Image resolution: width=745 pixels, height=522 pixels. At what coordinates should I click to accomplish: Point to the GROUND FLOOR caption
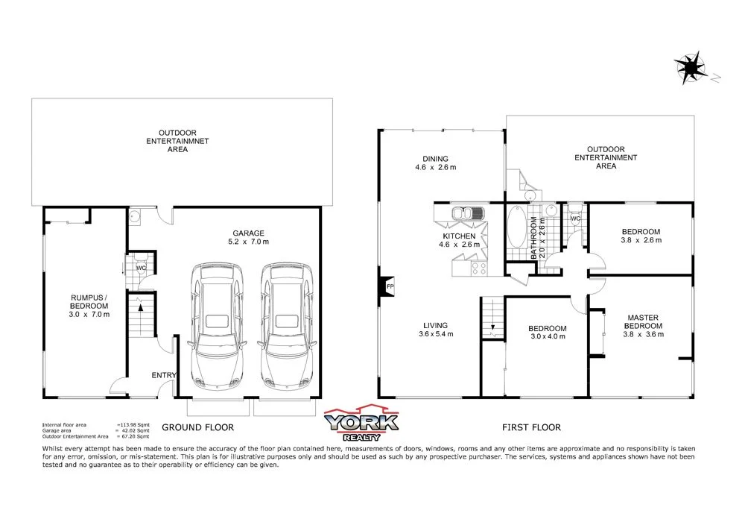click(x=198, y=427)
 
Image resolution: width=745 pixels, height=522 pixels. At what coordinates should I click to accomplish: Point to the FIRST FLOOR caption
click(x=532, y=427)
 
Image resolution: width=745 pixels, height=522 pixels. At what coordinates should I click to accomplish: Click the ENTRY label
click(x=163, y=375)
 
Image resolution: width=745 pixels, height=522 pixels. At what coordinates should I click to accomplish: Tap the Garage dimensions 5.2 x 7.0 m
click(x=248, y=242)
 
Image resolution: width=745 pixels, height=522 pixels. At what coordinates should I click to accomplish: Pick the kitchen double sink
click(x=466, y=214)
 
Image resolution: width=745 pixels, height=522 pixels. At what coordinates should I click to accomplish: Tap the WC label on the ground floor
click(x=140, y=267)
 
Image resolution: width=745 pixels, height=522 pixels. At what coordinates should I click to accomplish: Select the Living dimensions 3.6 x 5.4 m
click(x=435, y=334)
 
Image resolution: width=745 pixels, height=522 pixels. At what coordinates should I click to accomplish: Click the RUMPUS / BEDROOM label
click(x=88, y=305)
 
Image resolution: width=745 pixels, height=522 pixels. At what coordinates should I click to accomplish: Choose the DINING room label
click(x=435, y=158)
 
